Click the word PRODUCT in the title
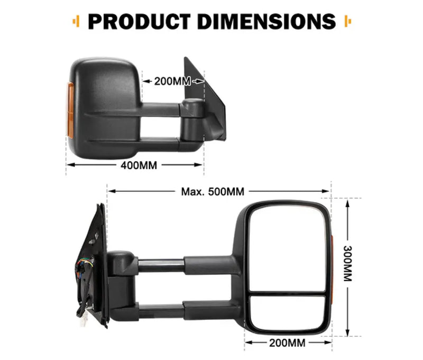click(x=136, y=21)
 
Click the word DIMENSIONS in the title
click(x=263, y=21)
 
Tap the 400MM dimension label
click(x=139, y=165)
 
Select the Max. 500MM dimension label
click(x=213, y=191)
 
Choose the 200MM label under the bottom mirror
click(x=287, y=343)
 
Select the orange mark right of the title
click(x=347, y=22)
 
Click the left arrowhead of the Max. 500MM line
click(x=111, y=191)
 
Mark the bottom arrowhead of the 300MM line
click(x=348, y=334)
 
